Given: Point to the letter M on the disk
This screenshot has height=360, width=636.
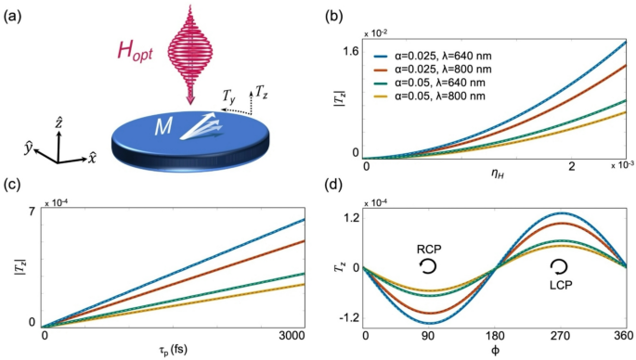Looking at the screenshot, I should pyautogui.click(x=162, y=126).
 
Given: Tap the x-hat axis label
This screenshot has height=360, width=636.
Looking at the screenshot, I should pyautogui.click(x=91, y=159).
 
